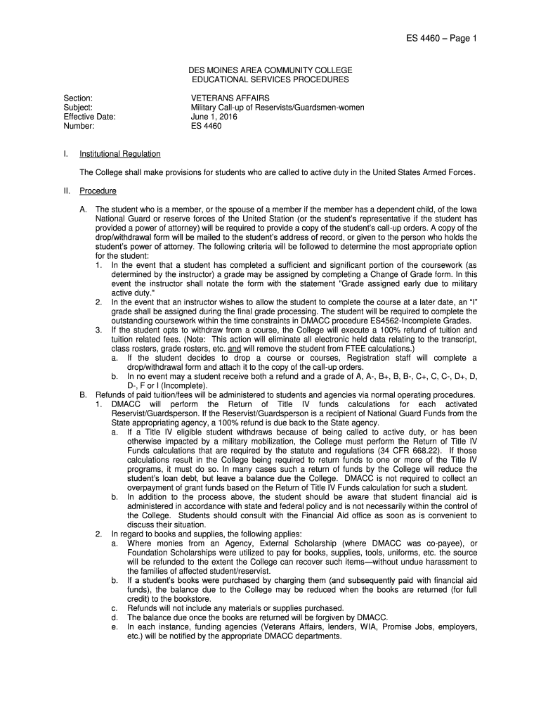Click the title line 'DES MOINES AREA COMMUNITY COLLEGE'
coord(270,71)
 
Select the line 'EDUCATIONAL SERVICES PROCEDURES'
coord(270,81)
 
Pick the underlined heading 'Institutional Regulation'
coord(120,154)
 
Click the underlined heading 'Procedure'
coord(98,191)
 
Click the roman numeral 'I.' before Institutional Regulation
coord(65,154)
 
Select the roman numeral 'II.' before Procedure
coord(67,191)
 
